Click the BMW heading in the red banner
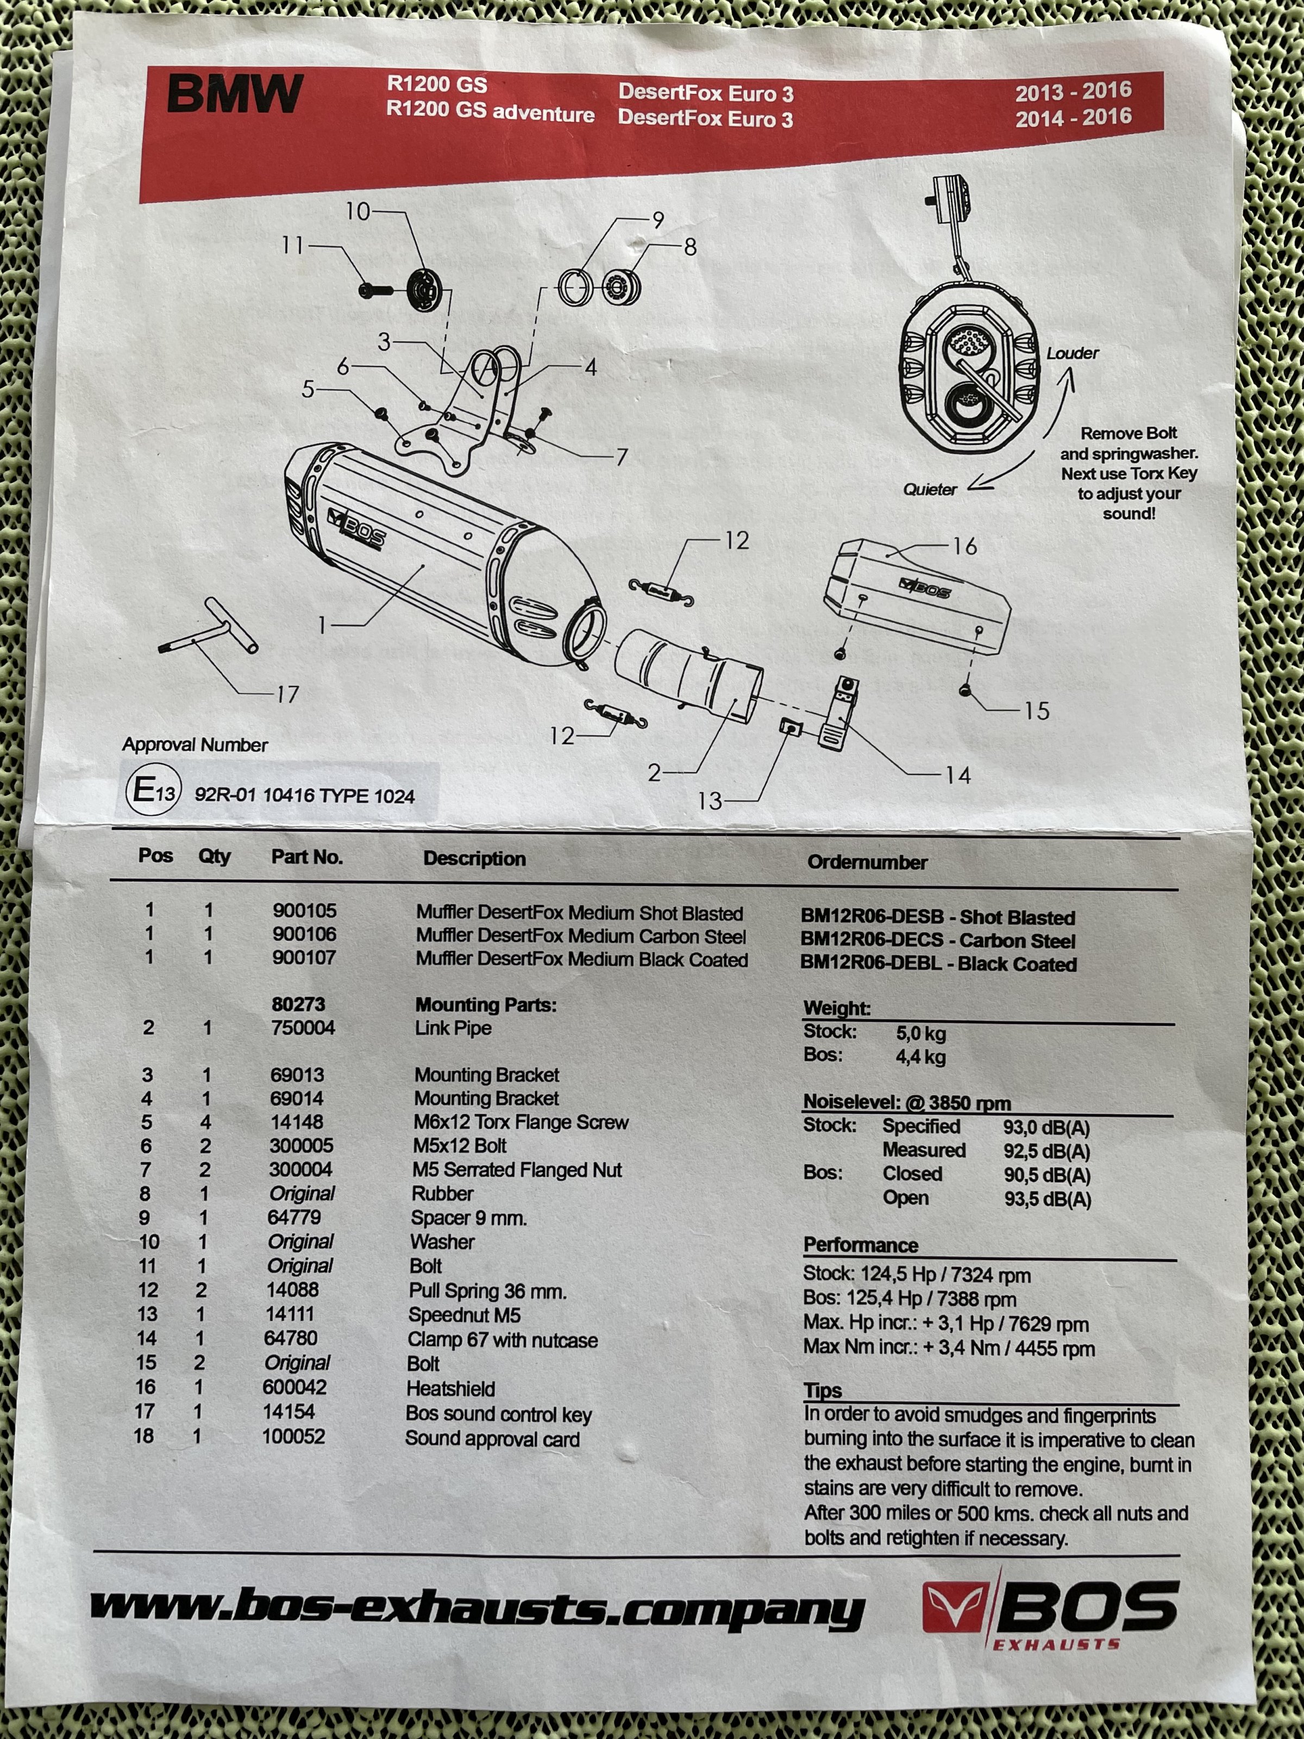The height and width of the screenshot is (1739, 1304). click(234, 95)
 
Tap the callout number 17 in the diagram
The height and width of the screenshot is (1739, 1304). click(287, 694)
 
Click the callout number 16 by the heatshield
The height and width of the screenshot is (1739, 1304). click(964, 546)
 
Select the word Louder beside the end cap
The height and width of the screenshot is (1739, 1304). click(1072, 354)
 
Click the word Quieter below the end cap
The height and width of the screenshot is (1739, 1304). click(930, 490)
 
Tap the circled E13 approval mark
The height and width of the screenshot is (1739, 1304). click(153, 790)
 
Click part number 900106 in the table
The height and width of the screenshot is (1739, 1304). click(304, 934)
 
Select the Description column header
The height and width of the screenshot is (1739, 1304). click(474, 859)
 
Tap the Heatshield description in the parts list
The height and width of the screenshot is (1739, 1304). click(450, 1389)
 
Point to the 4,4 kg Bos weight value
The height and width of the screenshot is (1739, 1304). click(920, 1058)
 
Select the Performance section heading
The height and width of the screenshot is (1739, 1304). click(860, 1246)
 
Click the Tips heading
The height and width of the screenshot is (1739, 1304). click(822, 1391)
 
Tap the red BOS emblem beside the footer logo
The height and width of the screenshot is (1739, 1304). click(954, 1607)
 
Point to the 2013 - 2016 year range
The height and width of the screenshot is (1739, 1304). click(1073, 92)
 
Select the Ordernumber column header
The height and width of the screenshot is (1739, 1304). click(867, 862)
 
